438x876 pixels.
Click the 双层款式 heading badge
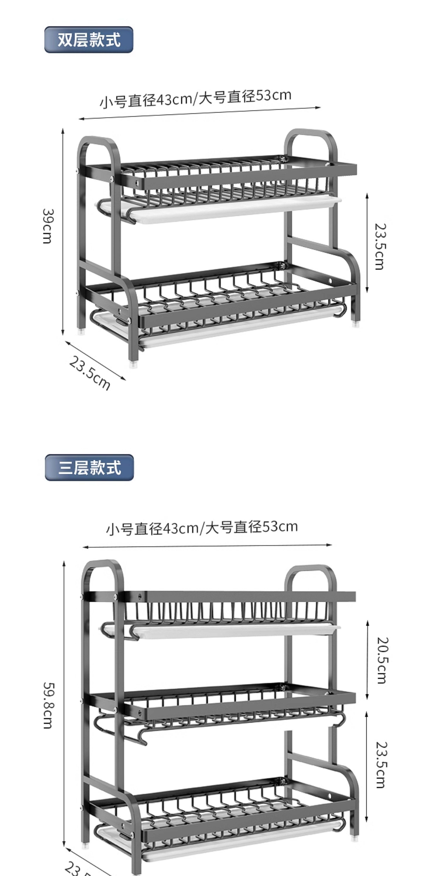pyautogui.click(x=89, y=40)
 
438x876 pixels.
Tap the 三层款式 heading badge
pyautogui.click(x=89, y=468)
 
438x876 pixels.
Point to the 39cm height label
pyautogui.click(x=48, y=226)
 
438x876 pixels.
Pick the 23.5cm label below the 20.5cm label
pyautogui.click(x=381, y=764)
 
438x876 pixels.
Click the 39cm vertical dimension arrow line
pyautogui.click(x=63, y=231)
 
